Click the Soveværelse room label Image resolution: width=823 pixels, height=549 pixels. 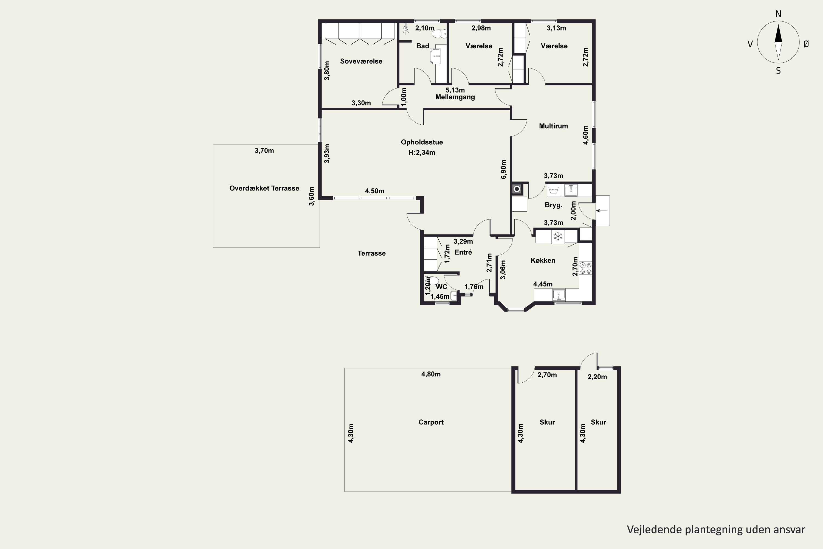coord(361,61)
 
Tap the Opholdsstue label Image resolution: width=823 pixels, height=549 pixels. coord(422,142)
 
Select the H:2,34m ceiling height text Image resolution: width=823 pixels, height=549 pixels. coord(422,152)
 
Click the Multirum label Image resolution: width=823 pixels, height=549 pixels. coord(553,126)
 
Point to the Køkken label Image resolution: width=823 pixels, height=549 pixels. coord(543,260)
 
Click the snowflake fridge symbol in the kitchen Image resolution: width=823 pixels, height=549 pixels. coord(558,236)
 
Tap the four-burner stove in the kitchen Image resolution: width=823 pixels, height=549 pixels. coord(586,268)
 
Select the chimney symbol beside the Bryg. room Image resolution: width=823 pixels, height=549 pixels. coord(517,189)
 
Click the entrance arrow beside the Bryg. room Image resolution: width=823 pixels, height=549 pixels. coord(601,211)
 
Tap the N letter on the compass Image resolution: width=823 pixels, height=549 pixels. coord(778,14)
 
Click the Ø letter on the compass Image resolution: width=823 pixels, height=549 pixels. coord(806,44)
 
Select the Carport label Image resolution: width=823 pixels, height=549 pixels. coord(431,422)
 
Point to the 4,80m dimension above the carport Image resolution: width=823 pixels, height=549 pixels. coord(431,374)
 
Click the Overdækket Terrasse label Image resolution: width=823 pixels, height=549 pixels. coord(264,188)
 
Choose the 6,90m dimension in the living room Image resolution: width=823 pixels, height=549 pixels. coord(503,169)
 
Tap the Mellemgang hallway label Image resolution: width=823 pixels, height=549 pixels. coord(455,97)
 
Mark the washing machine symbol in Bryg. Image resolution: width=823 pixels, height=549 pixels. coord(554,191)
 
